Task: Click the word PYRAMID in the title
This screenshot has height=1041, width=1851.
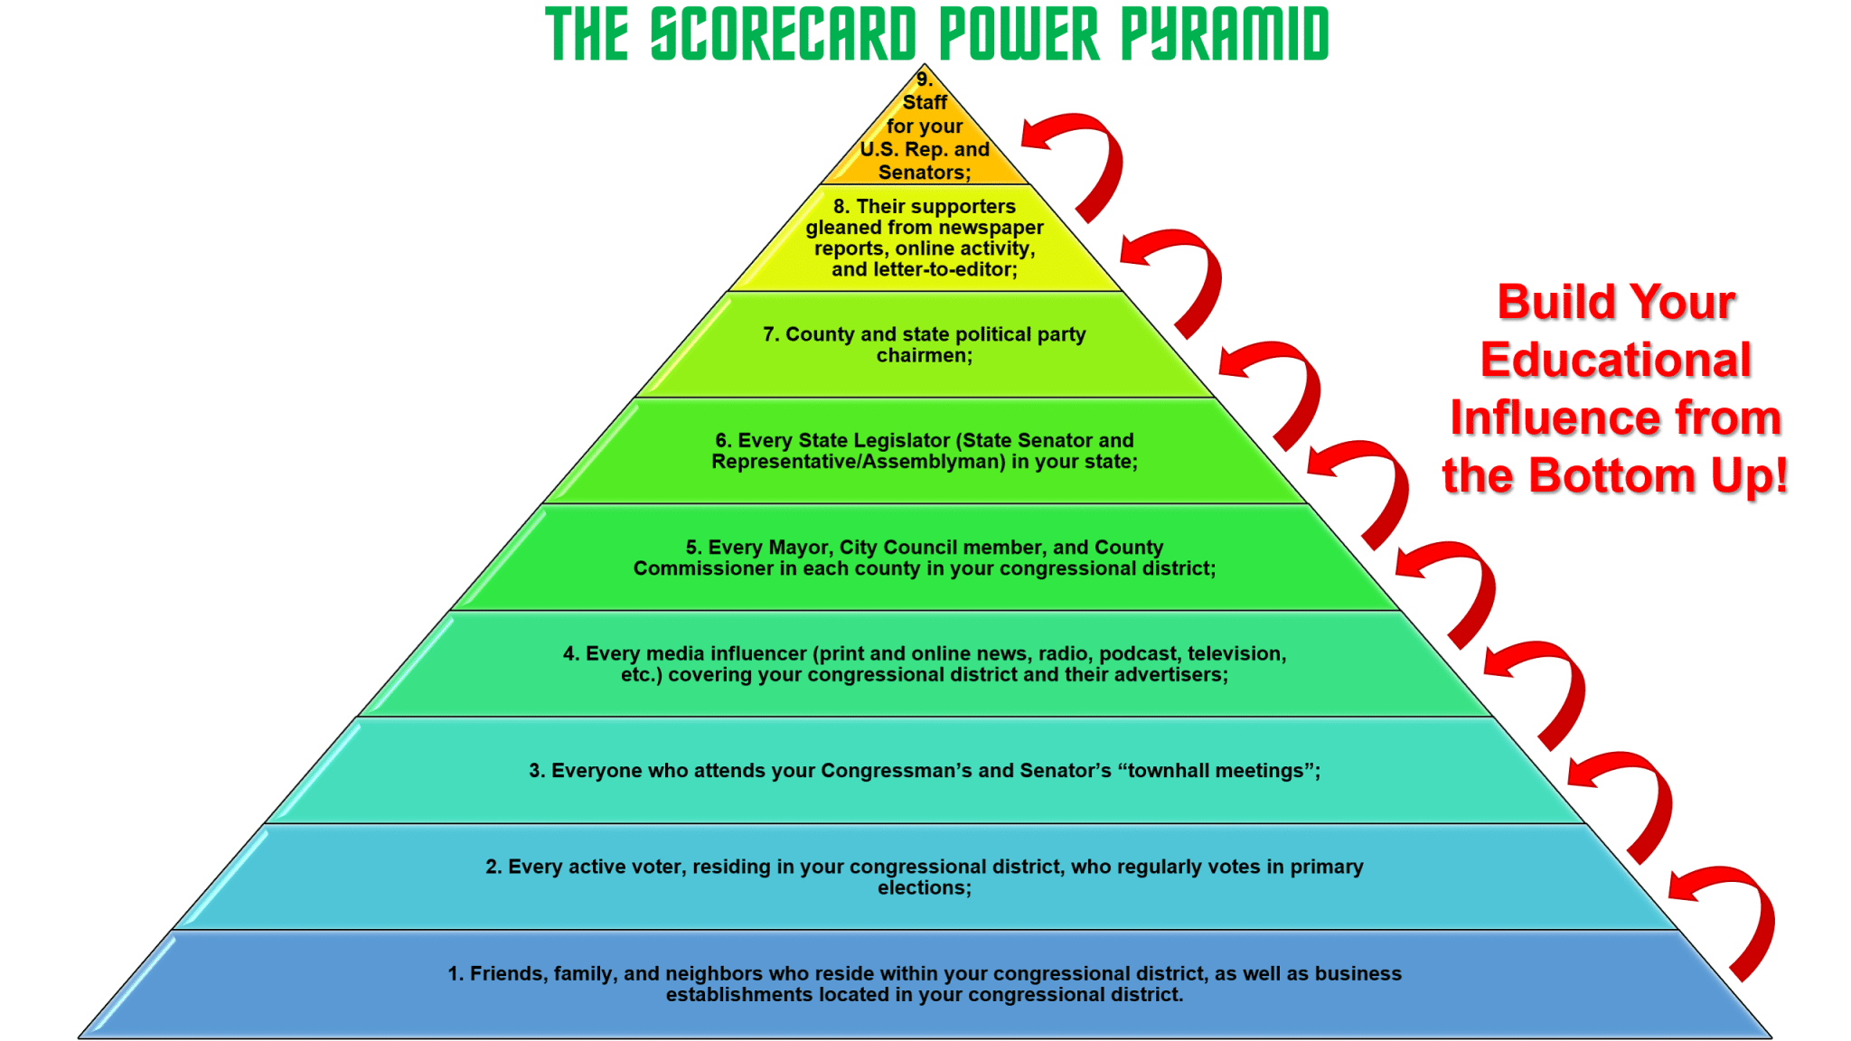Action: [1225, 34]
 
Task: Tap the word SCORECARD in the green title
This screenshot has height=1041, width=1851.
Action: [783, 34]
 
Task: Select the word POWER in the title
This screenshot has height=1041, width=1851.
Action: [1019, 34]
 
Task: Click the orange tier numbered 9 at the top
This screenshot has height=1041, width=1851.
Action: [925, 136]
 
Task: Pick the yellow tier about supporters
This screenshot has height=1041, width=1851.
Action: [925, 239]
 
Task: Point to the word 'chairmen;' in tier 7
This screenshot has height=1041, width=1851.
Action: [925, 356]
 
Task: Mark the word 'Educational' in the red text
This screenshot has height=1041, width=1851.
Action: [1615, 360]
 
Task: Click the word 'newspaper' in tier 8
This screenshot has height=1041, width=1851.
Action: [991, 228]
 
